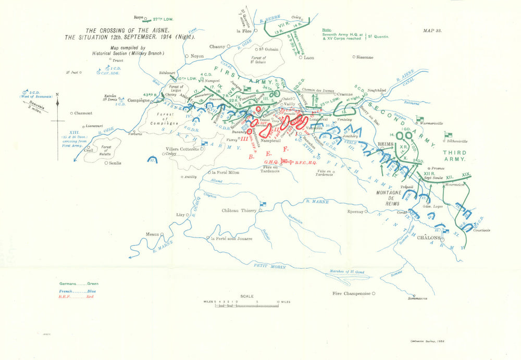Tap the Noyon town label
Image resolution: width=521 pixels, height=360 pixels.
click(197, 56)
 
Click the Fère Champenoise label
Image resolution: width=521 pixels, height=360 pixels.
click(352, 293)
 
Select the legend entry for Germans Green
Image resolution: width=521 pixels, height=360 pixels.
click(78, 284)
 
